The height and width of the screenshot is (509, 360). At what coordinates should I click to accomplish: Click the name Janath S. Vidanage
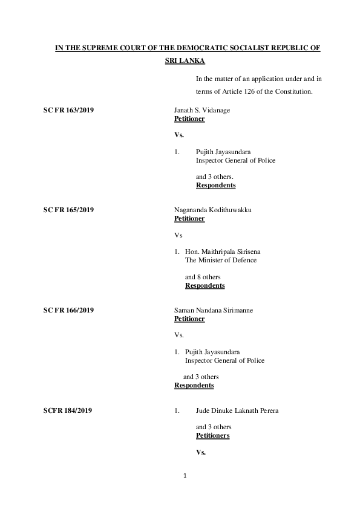pyautogui.click(x=202, y=110)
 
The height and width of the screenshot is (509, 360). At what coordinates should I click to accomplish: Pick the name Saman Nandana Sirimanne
pyautogui.click(x=214, y=310)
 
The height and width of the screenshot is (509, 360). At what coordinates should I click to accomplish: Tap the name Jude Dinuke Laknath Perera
pyautogui.click(x=237, y=410)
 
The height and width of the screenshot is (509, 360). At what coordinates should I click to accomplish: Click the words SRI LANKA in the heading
pyautogui.click(x=185, y=61)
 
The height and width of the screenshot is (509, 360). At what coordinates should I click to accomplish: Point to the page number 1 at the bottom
pyautogui.click(x=186, y=476)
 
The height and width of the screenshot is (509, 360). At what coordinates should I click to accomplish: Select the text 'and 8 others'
pyautogui.click(x=203, y=277)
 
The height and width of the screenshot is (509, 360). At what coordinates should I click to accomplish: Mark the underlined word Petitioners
pyautogui.click(x=212, y=435)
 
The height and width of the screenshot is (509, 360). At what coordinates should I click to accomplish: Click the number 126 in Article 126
pyautogui.click(x=252, y=91)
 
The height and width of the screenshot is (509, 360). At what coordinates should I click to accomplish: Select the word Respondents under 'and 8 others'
pyautogui.click(x=205, y=285)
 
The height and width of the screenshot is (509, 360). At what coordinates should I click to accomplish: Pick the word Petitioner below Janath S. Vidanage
pyautogui.click(x=189, y=118)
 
